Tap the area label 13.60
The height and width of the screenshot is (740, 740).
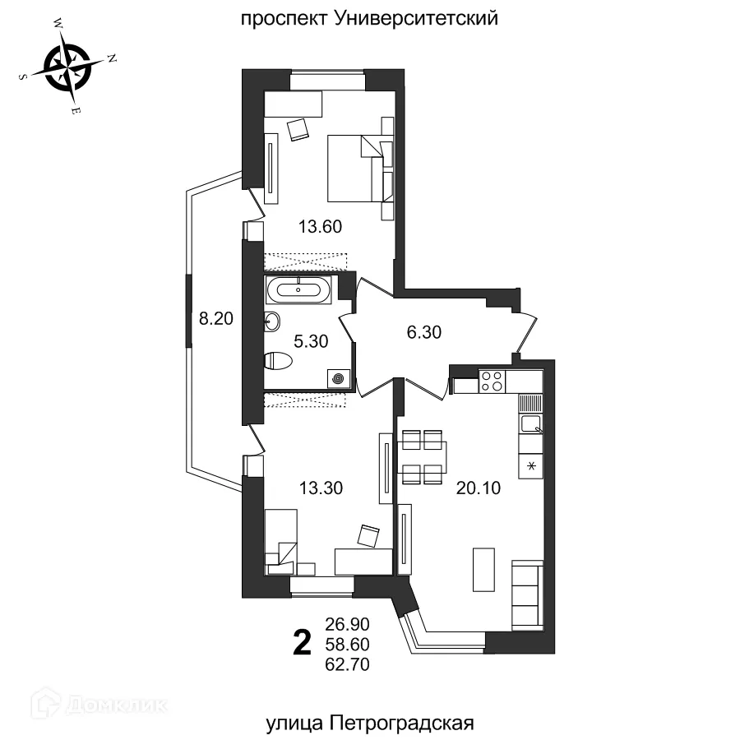click(x=320, y=225)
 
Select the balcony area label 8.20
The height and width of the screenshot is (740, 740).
click(x=217, y=318)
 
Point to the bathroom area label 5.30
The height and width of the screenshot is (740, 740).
click(x=312, y=339)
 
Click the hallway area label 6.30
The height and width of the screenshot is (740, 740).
click(x=424, y=332)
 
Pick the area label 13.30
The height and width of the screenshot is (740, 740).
click(x=320, y=488)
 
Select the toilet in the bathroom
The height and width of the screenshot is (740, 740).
click(x=280, y=361)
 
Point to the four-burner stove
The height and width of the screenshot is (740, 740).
click(x=492, y=381)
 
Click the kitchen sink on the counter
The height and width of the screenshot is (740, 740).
click(x=531, y=424)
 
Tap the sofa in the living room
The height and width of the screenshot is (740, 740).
click(x=526, y=595)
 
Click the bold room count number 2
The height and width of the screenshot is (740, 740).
click(x=303, y=641)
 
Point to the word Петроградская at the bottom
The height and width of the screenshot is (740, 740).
click(x=404, y=723)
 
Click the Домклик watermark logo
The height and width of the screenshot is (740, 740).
click(x=99, y=704)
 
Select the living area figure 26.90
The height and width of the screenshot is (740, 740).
click(x=347, y=622)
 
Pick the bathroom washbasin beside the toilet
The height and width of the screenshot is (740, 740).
click(x=272, y=322)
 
